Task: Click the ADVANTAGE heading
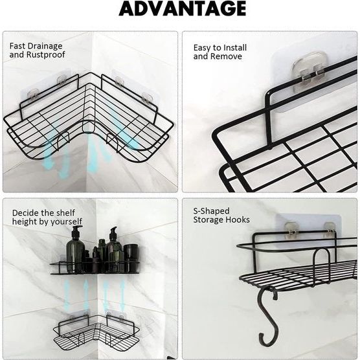[x=183, y=8]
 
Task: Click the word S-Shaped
[x=211, y=211]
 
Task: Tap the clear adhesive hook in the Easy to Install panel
[x=309, y=72]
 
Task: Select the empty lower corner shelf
[x=96, y=331]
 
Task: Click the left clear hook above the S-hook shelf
[x=291, y=230]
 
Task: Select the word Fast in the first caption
[x=17, y=46]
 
